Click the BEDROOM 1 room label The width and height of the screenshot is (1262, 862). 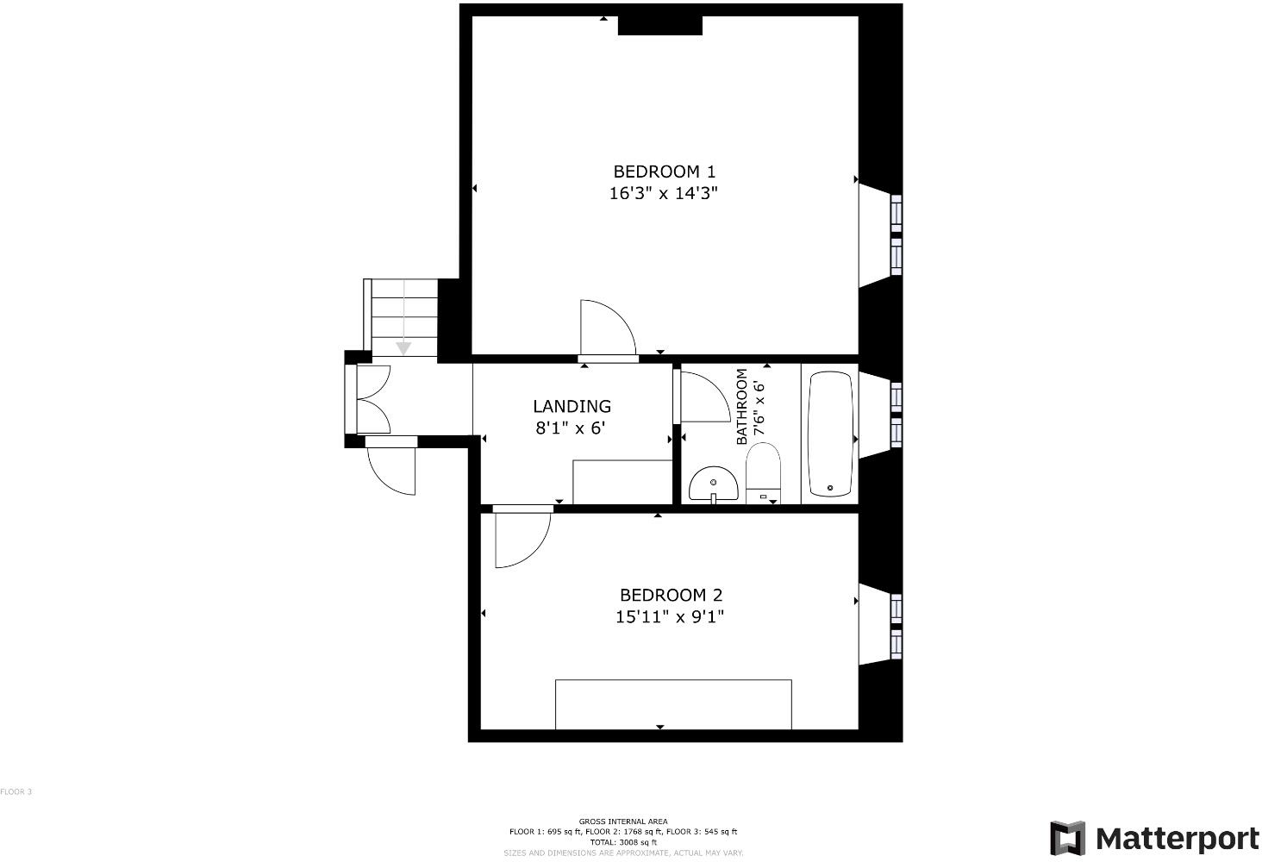pyautogui.click(x=664, y=172)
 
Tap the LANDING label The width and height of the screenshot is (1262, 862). pyautogui.click(x=572, y=406)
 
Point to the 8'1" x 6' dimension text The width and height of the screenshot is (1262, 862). pyautogui.click(x=572, y=428)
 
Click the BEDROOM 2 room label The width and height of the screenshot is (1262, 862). pyautogui.click(x=671, y=595)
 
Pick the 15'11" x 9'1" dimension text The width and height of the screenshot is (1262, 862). pyautogui.click(x=670, y=617)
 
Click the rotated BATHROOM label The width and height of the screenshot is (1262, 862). pyautogui.click(x=741, y=407)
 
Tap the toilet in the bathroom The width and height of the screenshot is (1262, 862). pyautogui.click(x=763, y=472)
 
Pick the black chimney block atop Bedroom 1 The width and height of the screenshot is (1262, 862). pyautogui.click(x=660, y=26)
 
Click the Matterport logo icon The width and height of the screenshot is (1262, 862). pyautogui.click(x=1067, y=838)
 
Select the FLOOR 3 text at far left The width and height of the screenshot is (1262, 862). pyautogui.click(x=16, y=791)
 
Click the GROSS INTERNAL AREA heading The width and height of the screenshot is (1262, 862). pyautogui.click(x=622, y=821)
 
